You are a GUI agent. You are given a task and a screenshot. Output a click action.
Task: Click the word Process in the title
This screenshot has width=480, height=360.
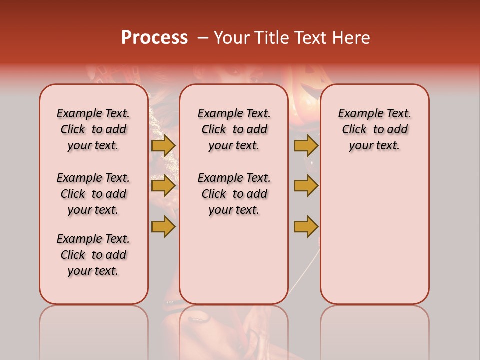[154, 38]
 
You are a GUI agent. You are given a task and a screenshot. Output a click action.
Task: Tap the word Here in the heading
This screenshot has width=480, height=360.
[352, 38]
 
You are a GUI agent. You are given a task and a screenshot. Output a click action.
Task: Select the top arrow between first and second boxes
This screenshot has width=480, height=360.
[163, 145]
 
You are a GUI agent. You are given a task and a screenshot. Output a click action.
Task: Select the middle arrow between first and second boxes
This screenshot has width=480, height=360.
[163, 186]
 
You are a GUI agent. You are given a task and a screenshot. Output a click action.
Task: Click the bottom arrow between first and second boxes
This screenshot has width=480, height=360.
[163, 226]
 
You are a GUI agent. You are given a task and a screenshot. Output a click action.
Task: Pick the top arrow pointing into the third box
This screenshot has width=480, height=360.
[306, 145]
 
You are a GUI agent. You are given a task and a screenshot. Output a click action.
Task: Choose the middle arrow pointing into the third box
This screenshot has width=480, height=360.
[306, 186]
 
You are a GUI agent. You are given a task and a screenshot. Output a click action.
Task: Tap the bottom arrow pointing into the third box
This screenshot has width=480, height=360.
[306, 226]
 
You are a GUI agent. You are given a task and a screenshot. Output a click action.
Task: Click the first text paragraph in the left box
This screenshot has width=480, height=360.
[93, 129]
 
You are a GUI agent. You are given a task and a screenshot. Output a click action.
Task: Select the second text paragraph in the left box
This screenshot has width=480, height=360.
[93, 194]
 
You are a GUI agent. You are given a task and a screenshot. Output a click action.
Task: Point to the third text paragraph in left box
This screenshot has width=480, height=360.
[93, 255]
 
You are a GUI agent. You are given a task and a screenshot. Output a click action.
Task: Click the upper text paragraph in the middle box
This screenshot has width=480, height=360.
[234, 129]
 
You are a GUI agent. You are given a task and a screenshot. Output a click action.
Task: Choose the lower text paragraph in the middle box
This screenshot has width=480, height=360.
[234, 194]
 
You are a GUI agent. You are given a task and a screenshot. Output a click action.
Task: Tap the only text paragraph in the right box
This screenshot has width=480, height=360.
[374, 129]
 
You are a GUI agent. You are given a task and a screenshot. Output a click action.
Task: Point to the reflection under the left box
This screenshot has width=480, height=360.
[94, 330]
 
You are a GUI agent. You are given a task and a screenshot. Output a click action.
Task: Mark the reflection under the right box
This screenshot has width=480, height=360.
[374, 330]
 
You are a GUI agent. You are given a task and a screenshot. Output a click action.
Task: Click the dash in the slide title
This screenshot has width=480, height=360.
[203, 38]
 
